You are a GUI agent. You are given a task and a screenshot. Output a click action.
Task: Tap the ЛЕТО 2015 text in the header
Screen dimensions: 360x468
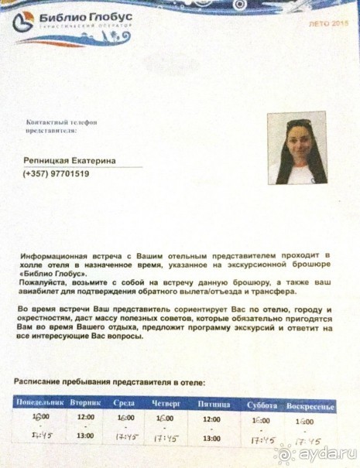pyautogui.click(x=329, y=25)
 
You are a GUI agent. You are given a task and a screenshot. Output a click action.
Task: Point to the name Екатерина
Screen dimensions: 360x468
pyautogui.click(x=95, y=160)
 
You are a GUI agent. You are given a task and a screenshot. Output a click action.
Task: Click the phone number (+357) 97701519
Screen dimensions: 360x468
pyautogui.click(x=56, y=174)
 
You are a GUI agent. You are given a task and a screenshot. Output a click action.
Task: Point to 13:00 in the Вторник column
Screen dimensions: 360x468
pyautogui.click(x=86, y=435)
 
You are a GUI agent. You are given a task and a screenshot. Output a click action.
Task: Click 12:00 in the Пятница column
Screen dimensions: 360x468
pyautogui.click(x=211, y=419)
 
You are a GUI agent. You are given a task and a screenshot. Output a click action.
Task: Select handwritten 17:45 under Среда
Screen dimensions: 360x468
pyautogui.click(x=125, y=437)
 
